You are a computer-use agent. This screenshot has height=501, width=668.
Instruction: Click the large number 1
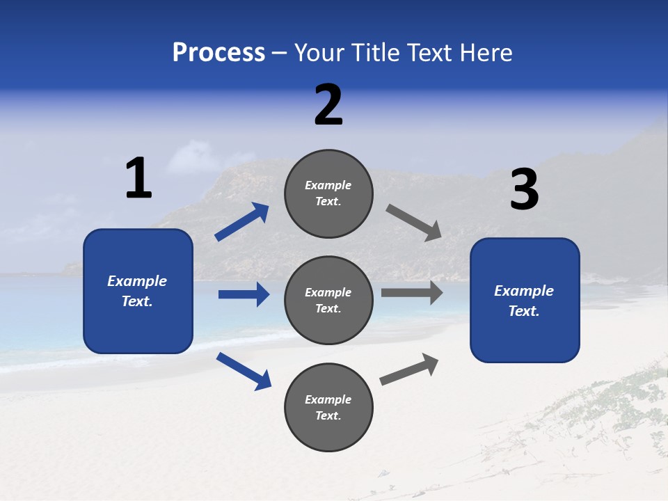tap(138, 178)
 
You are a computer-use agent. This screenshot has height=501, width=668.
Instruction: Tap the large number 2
tap(328, 105)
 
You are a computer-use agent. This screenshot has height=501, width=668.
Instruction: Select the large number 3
tap(524, 190)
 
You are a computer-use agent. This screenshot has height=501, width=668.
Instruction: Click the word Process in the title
tap(218, 52)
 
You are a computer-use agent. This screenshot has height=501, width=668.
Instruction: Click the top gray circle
tap(328, 193)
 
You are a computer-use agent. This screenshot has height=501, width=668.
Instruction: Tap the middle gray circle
tap(328, 301)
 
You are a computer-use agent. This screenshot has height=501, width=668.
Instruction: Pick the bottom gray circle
tap(328, 408)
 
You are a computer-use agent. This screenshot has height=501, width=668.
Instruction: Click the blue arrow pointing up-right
tap(242, 222)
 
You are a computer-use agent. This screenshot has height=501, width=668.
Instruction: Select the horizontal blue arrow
tap(244, 294)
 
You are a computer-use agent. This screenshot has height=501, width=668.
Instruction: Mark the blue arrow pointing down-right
tap(244, 371)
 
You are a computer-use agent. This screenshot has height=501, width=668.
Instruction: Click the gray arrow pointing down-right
tap(414, 223)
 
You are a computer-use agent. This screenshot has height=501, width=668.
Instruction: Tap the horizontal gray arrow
tap(412, 292)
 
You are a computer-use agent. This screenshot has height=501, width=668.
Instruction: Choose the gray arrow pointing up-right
tap(410, 369)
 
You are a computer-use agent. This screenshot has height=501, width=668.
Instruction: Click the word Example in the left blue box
tap(137, 281)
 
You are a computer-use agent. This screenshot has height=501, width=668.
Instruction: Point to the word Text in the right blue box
tap(523, 311)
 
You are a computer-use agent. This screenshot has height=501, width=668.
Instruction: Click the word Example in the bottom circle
tap(328, 399)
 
